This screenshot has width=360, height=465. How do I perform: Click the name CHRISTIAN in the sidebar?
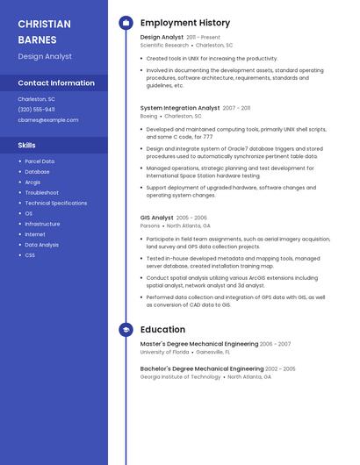44,24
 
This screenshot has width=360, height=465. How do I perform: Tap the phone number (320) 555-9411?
36,110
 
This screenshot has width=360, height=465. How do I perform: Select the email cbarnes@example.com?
47,120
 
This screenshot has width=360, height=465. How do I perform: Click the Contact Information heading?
56,83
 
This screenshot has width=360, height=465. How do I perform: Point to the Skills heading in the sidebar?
27,145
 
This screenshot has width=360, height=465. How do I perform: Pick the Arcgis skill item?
32,182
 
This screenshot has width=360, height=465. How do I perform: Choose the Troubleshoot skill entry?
41,193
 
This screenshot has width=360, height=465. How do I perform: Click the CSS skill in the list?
30,255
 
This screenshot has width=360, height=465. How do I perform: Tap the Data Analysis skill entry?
41,245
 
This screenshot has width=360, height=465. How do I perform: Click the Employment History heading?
185,23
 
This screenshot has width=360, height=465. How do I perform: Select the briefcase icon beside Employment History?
126,23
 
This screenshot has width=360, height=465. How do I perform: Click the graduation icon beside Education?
126,330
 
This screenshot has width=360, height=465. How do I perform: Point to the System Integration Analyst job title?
180,108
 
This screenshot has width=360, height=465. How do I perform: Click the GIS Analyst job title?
157,218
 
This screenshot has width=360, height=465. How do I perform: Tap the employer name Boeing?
148,116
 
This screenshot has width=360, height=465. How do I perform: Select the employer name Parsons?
150,225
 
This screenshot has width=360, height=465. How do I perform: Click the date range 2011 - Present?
204,38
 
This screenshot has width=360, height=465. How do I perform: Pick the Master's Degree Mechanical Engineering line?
198,344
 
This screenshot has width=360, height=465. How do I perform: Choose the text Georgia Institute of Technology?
180,377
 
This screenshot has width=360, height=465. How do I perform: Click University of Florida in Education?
164,352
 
